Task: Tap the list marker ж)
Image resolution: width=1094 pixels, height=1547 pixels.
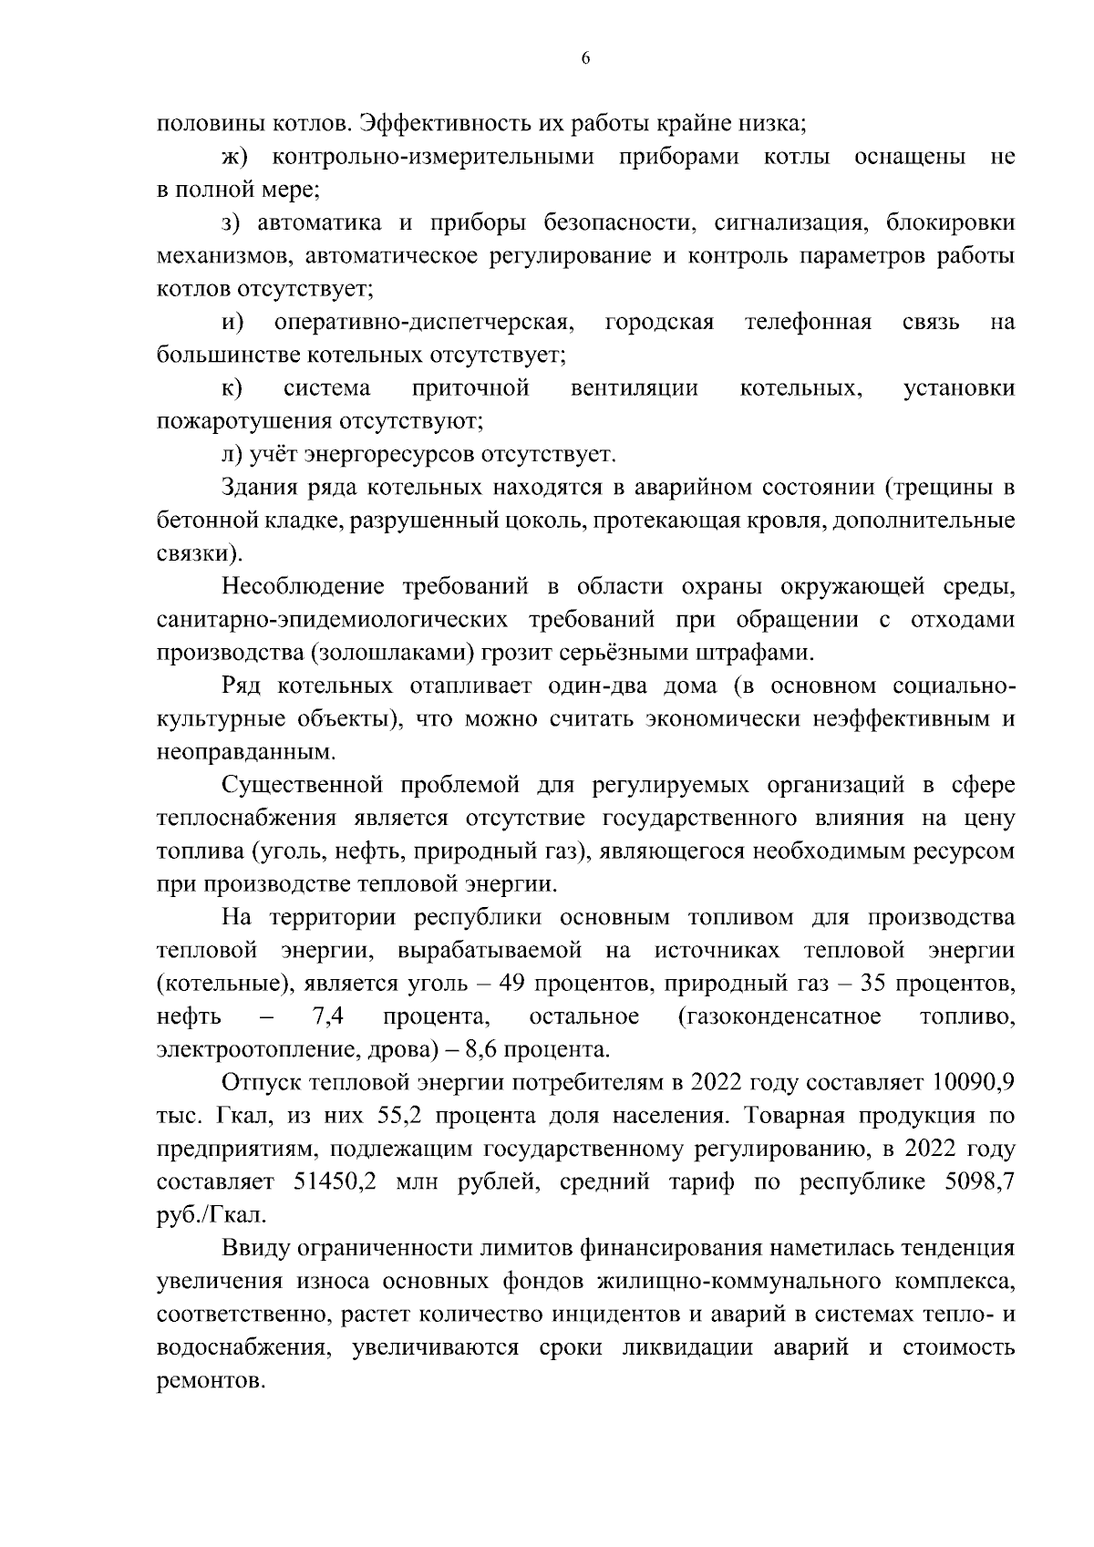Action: (x=235, y=157)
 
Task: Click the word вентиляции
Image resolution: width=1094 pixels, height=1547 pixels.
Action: (x=635, y=388)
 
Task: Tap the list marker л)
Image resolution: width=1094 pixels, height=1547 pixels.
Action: (x=232, y=454)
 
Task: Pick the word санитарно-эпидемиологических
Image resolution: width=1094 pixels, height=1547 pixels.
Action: (x=332, y=620)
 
